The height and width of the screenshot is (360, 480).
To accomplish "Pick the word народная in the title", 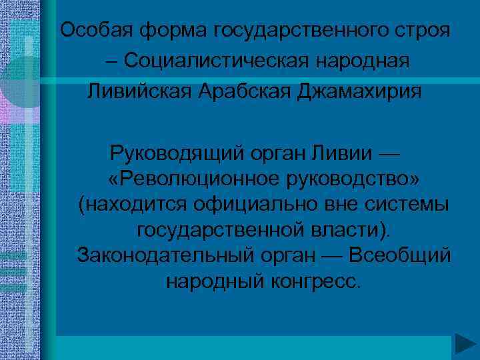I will point(366,61).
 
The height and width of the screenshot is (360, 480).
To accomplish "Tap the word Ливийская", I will point(136,91).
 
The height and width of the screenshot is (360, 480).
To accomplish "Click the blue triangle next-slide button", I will point(465,345).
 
